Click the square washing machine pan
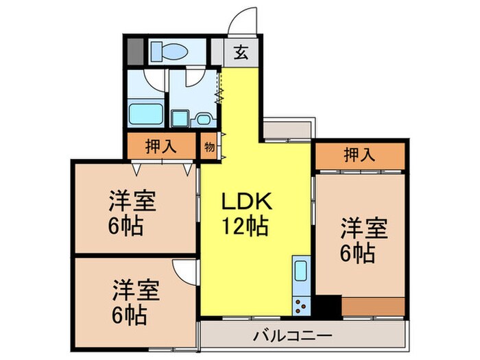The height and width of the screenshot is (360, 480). (180, 119)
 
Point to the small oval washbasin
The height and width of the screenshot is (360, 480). (203, 120)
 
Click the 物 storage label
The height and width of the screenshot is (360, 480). (209, 147)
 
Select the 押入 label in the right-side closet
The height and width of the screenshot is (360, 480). (359, 155)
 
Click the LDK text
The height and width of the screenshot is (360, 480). (247, 202)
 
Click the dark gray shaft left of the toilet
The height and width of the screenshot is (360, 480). (135, 51)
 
